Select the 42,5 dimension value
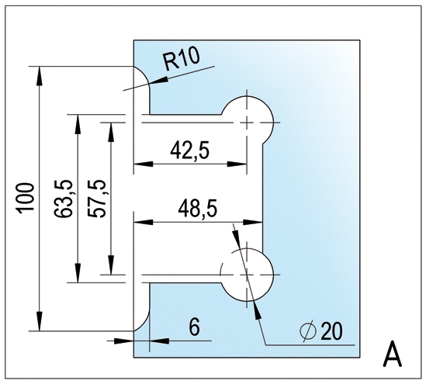coord(190,151)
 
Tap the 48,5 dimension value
coord(198,209)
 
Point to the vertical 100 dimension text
coord(26,197)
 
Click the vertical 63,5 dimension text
coord(64,199)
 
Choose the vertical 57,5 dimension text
coord(96,199)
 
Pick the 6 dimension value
coord(195,327)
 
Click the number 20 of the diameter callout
coord(331,331)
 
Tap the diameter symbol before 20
coord(308,330)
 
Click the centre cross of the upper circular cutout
coord(247,123)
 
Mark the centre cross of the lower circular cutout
coord(247,275)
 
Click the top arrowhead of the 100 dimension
coord(40,76)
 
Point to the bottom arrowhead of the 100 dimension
coord(40,321)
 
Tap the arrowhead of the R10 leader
coord(158,81)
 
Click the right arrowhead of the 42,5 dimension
coord(237,164)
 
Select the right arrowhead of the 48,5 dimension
coord(253,222)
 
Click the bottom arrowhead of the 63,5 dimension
coord(78,273)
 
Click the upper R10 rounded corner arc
coord(145,74)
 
